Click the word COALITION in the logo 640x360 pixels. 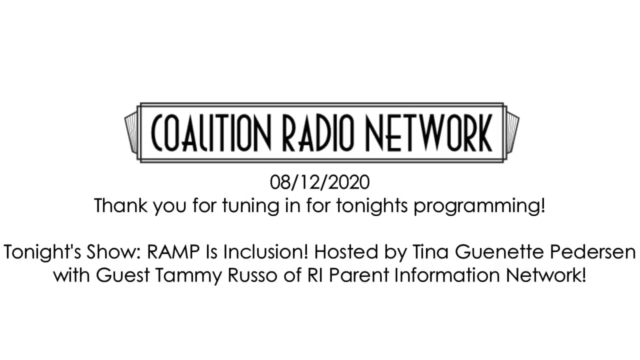pyautogui.click(x=210, y=132)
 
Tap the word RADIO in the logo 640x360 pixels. pyautogui.click(x=318, y=132)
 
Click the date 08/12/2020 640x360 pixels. pyautogui.click(x=319, y=182)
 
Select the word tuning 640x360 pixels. pyautogui.click(x=250, y=206)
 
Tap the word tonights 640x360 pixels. pyautogui.click(x=371, y=206)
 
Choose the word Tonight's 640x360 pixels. pyautogui.click(x=43, y=252)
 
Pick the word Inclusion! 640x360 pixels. pyautogui.click(x=266, y=252)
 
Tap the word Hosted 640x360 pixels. pyautogui.click(x=346, y=252)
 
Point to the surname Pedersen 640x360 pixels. pyautogui.click(x=593, y=252)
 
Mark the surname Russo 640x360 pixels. pyautogui.click(x=252, y=275)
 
